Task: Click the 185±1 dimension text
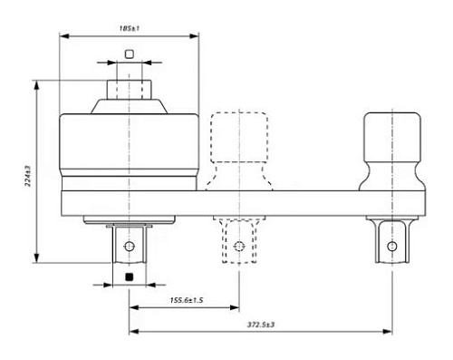pyautogui.click(x=130, y=28)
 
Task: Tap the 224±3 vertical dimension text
pyautogui.click(x=28, y=176)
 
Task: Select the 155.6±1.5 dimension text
pyautogui.click(x=187, y=300)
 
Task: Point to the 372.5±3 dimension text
pyautogui.click(x=261, y=325)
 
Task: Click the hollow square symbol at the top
pyautogui.click(x=130, y=54)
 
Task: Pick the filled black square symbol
pyautogui.click(x=130, y=277)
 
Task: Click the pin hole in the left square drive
pyautogui.click(x=130, y=247)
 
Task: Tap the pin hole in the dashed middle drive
pyautogui.click(x=239, y=247)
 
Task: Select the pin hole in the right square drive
pyautogui.click(x=392, y=247)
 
